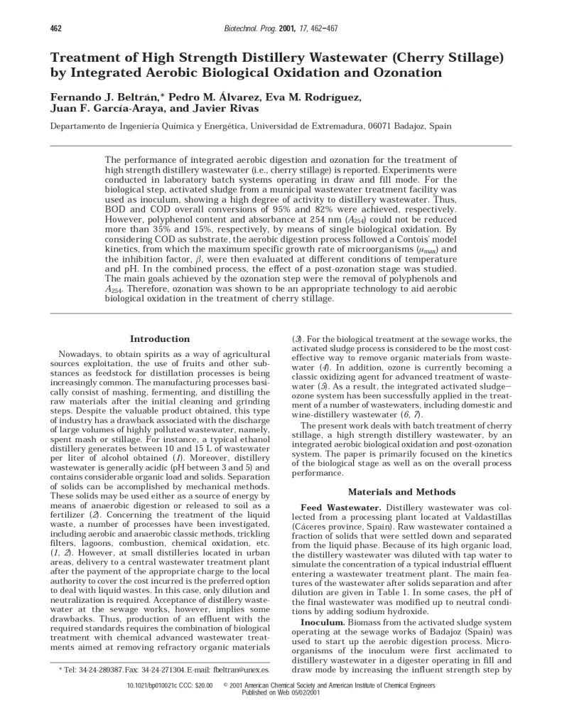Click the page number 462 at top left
click(55, 28)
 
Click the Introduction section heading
click(160, 339)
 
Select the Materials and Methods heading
click(402, 492)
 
